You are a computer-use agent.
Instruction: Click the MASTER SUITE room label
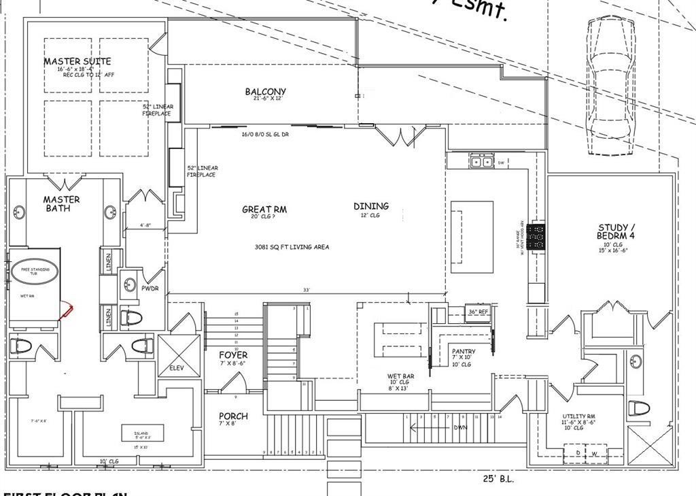77,61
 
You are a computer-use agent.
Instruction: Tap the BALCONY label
265,92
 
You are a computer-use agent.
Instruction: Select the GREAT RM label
264,210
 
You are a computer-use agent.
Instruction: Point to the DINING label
371,206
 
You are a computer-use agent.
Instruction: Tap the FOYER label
233,355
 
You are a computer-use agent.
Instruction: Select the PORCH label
233,416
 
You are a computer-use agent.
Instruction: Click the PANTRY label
464,352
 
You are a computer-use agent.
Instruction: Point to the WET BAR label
400,376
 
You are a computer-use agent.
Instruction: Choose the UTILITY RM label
579,416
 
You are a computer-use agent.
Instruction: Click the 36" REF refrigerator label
478,312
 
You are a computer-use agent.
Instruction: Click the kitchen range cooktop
539,236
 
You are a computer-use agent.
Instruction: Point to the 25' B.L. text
499,478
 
